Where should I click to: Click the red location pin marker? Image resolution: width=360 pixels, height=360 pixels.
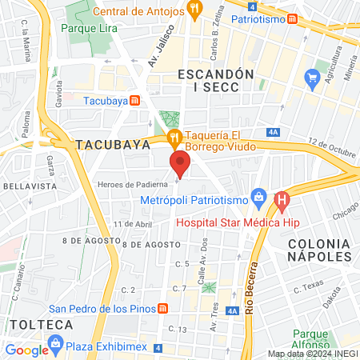pyautogui.click(x=180, y=166)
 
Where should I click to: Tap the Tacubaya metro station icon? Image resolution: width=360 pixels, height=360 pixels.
pyautogui.click(x=135, y=100)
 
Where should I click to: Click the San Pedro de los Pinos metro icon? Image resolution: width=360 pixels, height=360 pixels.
pyautogui.click(x=162, y=309)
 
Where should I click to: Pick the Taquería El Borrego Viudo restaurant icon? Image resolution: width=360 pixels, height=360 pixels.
pyautogui.click(x=173, y=138)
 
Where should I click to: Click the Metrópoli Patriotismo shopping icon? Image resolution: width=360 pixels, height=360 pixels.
pyautogui.click(x=258, y=197)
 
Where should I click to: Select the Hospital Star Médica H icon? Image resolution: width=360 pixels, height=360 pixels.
pyautogui.click(x=281, y=201)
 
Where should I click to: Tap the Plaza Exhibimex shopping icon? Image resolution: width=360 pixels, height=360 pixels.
pyautogui.click(x=55, y=343)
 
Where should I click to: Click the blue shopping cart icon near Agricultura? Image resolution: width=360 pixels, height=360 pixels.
pyautogui.click(x=312, y=77)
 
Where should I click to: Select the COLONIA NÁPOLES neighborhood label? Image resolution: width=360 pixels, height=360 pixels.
pyautogui.click(x=320, y=249)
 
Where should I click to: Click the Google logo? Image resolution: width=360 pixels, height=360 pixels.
pyautogui.click(x=27, y=350)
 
